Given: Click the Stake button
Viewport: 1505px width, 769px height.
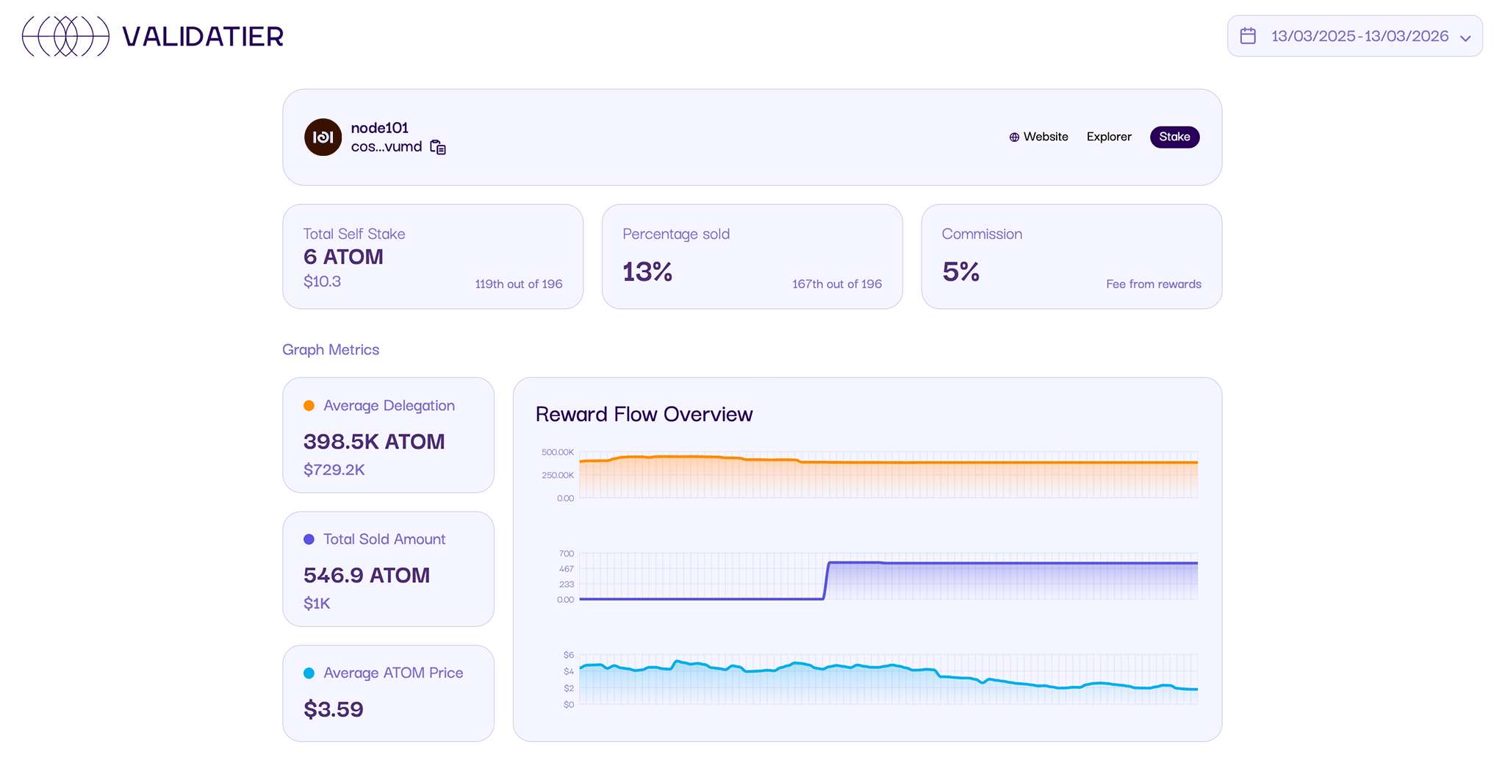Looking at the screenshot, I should click(1174, 137).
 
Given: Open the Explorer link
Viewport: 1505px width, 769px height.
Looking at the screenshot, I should click(1109, 137).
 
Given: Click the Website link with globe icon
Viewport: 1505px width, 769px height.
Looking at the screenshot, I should click(1038, 137).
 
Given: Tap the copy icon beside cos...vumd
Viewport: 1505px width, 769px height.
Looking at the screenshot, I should click(438, 148).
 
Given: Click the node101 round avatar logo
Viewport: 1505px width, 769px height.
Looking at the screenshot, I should click(323, 137).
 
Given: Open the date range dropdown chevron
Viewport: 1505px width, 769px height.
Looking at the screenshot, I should click(1465, 37).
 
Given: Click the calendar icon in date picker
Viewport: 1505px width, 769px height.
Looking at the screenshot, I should click(1248, 36).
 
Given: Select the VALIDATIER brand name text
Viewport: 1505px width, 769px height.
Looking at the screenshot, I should click(203, 37).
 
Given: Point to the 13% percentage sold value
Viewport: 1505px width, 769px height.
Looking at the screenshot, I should click(647, 272).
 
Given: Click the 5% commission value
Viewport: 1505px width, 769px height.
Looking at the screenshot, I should click(960, 272).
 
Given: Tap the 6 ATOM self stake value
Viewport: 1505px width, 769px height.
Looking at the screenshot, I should click(343, 257).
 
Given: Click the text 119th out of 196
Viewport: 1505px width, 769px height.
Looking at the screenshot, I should click(518, 284).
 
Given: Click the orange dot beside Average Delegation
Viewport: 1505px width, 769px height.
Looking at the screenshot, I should click(309, 406).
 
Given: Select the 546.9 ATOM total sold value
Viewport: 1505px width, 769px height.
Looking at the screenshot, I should click(366, 575).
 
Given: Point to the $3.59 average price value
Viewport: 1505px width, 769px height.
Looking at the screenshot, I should click(334, 709).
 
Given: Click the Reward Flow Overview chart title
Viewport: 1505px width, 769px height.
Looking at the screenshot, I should click(644, 414).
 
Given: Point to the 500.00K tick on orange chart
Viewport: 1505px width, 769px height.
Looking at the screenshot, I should click(557, 452).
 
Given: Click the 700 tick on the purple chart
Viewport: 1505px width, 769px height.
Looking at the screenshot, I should click(566, 553).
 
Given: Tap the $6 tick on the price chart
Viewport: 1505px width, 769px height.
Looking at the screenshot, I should click(568, 654).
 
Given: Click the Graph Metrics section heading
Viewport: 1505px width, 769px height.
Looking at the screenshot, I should click(331, 350).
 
